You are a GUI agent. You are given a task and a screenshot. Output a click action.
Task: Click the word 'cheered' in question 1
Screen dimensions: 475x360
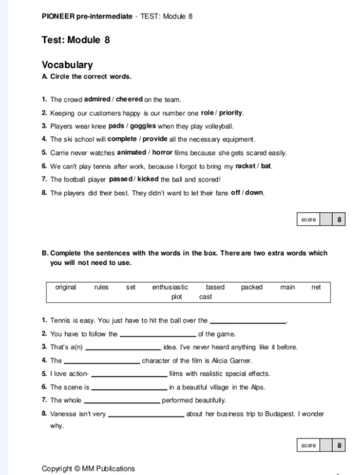[x=129, y=99]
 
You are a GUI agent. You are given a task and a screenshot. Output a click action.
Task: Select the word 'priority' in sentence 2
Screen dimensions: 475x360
[x=228, y=113]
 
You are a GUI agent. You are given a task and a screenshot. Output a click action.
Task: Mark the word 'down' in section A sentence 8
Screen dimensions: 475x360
[x=254, y=192]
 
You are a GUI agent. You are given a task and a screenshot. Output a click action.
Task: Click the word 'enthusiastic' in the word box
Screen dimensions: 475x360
[x=170, y=287]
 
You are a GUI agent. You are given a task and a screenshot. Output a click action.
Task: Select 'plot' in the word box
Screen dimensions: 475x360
[x=177, y=297]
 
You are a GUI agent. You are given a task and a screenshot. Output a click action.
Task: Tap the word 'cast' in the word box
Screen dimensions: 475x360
[x=205, y=297]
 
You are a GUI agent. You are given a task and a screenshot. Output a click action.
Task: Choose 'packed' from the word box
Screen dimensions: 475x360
[x=251, y=287]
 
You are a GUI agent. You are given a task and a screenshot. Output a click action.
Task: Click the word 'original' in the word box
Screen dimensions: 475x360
[x=66, y=287]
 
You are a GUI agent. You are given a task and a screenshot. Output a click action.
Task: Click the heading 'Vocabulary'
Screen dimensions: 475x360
[x=67, y=65]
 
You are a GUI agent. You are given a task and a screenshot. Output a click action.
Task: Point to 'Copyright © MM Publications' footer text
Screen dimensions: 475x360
[x=88, y=468]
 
